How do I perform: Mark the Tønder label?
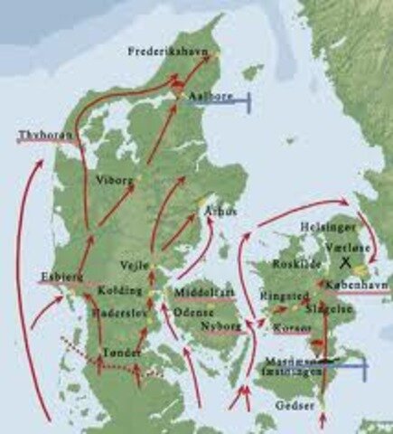(123, 351)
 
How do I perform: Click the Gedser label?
(302, 406)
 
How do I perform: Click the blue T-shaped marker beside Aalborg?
(237, 101)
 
